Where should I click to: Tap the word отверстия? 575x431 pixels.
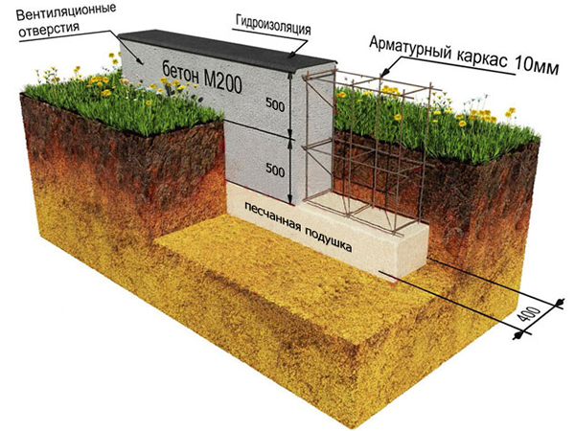click(x=49, y=30)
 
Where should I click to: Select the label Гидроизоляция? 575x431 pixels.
click(x=273, y=25)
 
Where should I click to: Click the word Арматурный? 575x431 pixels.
click(x=410, y=50)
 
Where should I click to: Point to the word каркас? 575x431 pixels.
click(x=483, y=59)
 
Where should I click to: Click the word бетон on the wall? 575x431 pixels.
click(x=180, y=74)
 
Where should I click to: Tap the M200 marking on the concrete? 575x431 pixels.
click(x=222, y=82)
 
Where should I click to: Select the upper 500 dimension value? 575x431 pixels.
click(x=275, y=104)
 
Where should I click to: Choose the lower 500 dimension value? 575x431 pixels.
click(x=275, y=170)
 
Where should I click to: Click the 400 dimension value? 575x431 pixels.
click(x=530, y=315)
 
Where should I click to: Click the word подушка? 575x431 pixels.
click(x=326, y=238)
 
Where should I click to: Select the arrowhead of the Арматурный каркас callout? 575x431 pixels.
click(x=382, y=75)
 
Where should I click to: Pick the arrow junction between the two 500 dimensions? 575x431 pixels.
click(x=290, y=139)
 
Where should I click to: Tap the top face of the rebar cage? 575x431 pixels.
click(x=370, y=81)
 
